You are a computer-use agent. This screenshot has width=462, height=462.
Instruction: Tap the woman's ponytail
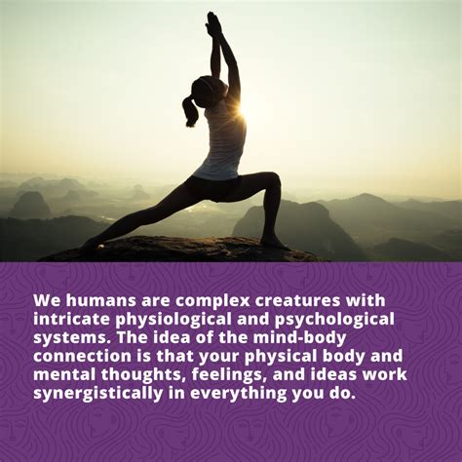189,111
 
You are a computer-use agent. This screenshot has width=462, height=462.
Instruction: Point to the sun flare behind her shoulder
242,109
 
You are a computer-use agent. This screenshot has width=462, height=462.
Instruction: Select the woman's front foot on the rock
276,243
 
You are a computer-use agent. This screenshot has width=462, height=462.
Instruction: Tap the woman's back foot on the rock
90,245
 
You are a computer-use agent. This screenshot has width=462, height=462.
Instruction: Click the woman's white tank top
224,143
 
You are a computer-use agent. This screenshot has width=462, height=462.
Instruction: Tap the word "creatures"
298,301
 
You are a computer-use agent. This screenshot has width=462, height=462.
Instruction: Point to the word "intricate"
72,319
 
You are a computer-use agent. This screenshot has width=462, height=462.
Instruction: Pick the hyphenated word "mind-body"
299,339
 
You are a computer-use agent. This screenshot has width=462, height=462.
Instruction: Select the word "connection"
82,357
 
